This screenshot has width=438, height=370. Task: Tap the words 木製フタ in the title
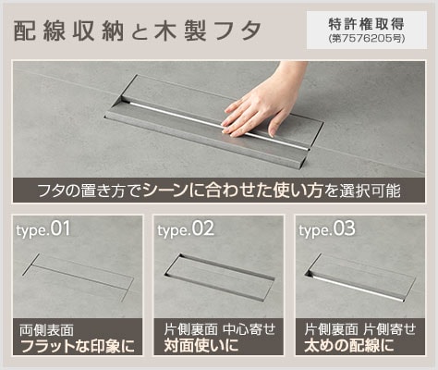213,31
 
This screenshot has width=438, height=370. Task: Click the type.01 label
43,228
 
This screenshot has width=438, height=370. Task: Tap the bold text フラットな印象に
77,347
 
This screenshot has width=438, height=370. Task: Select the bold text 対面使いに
201,347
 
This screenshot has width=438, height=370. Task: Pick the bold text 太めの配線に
348,347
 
